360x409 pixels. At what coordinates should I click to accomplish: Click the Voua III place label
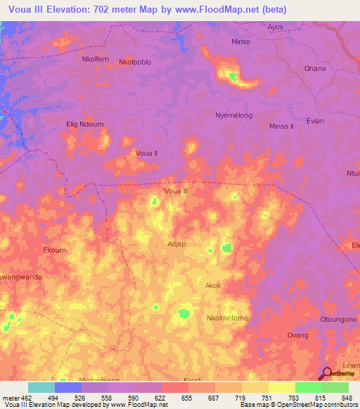[176, 190]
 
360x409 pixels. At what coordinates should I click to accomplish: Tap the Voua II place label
[146, 152]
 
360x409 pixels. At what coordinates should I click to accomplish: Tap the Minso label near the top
[240, 41]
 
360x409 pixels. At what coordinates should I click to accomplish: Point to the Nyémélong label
[233, 115]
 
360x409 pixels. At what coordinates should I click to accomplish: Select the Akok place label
[213, 285]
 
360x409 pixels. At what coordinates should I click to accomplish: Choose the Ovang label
[297, 335]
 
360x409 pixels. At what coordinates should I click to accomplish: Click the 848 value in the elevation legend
[345, 397]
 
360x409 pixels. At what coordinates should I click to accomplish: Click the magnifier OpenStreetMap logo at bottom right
[326, 373]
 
